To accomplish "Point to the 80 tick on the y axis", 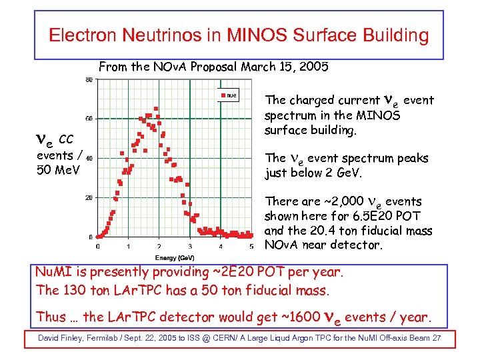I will pos(89,80).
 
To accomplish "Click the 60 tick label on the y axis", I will pos(89,119).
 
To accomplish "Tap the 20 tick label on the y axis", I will pos(89,197).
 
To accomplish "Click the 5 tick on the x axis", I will pos(251,246).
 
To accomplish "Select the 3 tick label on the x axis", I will pos(190,246).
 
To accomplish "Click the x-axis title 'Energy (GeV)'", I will pos(175,257).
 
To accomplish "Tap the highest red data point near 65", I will pos(156,109).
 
